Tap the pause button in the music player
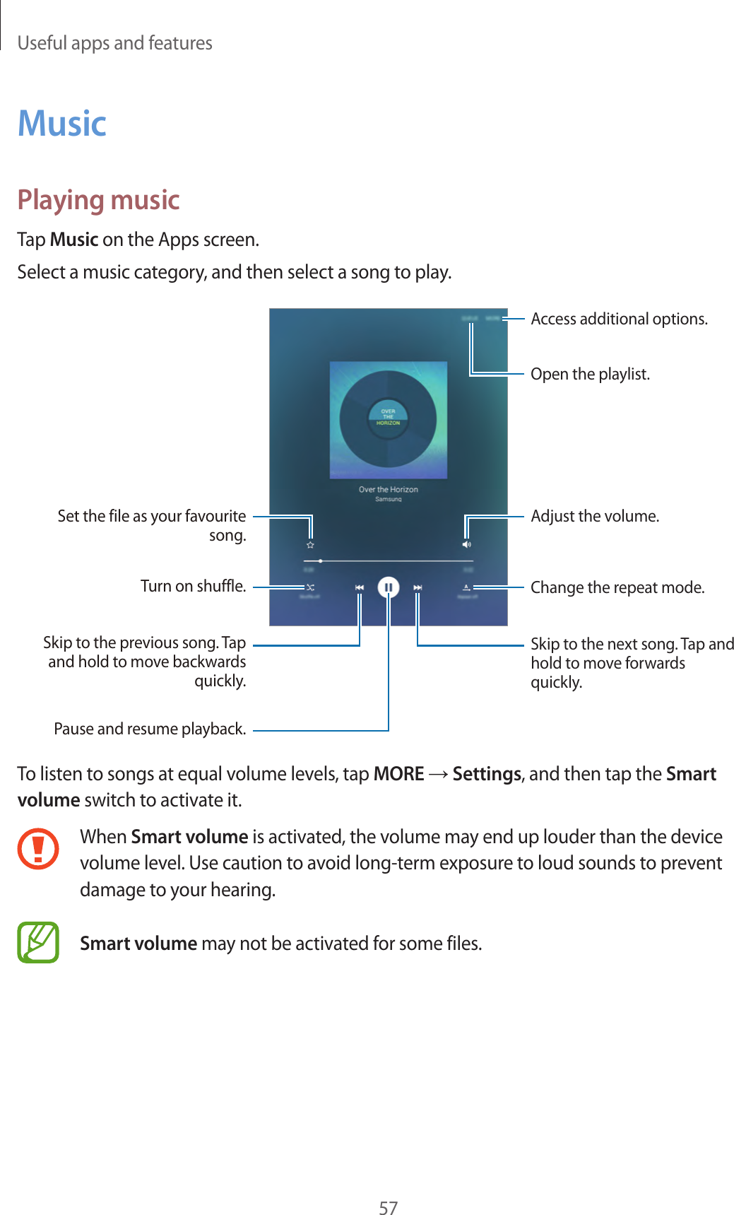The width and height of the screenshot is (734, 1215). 389,587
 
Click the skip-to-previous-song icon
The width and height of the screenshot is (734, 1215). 360,587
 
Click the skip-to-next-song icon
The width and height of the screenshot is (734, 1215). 418,587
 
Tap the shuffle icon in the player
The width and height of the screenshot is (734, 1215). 310,587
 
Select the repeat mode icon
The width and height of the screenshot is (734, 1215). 467,587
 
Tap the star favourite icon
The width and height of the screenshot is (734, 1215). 310,545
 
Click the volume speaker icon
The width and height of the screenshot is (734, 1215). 466,545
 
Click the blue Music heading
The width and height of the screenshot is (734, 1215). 62,124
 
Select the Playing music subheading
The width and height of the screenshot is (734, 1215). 99,200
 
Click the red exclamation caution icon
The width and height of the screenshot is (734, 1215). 38,849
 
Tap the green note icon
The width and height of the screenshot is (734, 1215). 38,943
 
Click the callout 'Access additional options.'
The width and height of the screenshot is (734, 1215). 619,319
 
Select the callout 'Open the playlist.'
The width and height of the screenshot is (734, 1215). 590,374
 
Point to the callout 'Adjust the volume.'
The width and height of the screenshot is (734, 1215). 595,516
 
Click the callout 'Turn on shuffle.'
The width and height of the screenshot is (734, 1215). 193,586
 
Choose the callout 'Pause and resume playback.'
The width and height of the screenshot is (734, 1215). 150,729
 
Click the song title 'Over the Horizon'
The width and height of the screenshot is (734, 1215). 388,489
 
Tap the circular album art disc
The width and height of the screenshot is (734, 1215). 388,419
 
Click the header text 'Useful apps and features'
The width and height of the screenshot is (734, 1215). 115,43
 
